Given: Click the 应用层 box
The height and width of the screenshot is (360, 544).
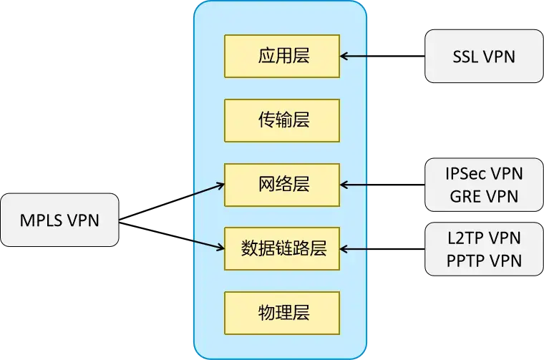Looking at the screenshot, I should click(x=283, y=56).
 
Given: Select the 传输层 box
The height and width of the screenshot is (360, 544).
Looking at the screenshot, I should click(x=283, y=120).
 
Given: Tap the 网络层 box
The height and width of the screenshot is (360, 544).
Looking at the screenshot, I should click(x=283, y=185).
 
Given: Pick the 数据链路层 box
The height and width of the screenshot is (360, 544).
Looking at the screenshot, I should click(x=283, y=248).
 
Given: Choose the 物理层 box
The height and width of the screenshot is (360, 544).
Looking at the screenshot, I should click(x=283, y=313).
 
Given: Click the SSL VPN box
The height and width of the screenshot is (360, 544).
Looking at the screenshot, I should click(x=484, y=56).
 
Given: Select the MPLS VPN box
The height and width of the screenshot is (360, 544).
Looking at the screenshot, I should click(x=59, y=220).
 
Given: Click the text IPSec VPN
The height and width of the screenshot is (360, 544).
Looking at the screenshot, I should click(x=484, y=174).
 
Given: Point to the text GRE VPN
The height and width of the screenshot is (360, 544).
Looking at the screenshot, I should click(x=484, y=195).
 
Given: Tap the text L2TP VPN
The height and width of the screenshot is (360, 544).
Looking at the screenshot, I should click(x=484, y=238).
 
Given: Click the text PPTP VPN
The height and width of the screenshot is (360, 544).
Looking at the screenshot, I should click(x=484, y=260).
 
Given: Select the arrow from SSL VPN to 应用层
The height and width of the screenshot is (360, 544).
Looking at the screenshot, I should click(x=356, y=55).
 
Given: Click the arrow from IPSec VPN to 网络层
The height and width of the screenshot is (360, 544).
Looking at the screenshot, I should click(x=356, y=185).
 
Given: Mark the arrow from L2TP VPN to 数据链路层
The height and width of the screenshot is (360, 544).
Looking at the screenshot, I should click(x=356, y=249).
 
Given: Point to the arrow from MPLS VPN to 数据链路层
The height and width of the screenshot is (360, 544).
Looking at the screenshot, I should click(x=208, y=245).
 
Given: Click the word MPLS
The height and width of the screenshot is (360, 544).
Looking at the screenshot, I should click(x=42, y=220).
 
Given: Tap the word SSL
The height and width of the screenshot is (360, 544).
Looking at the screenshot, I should click(x=467, y=56).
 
